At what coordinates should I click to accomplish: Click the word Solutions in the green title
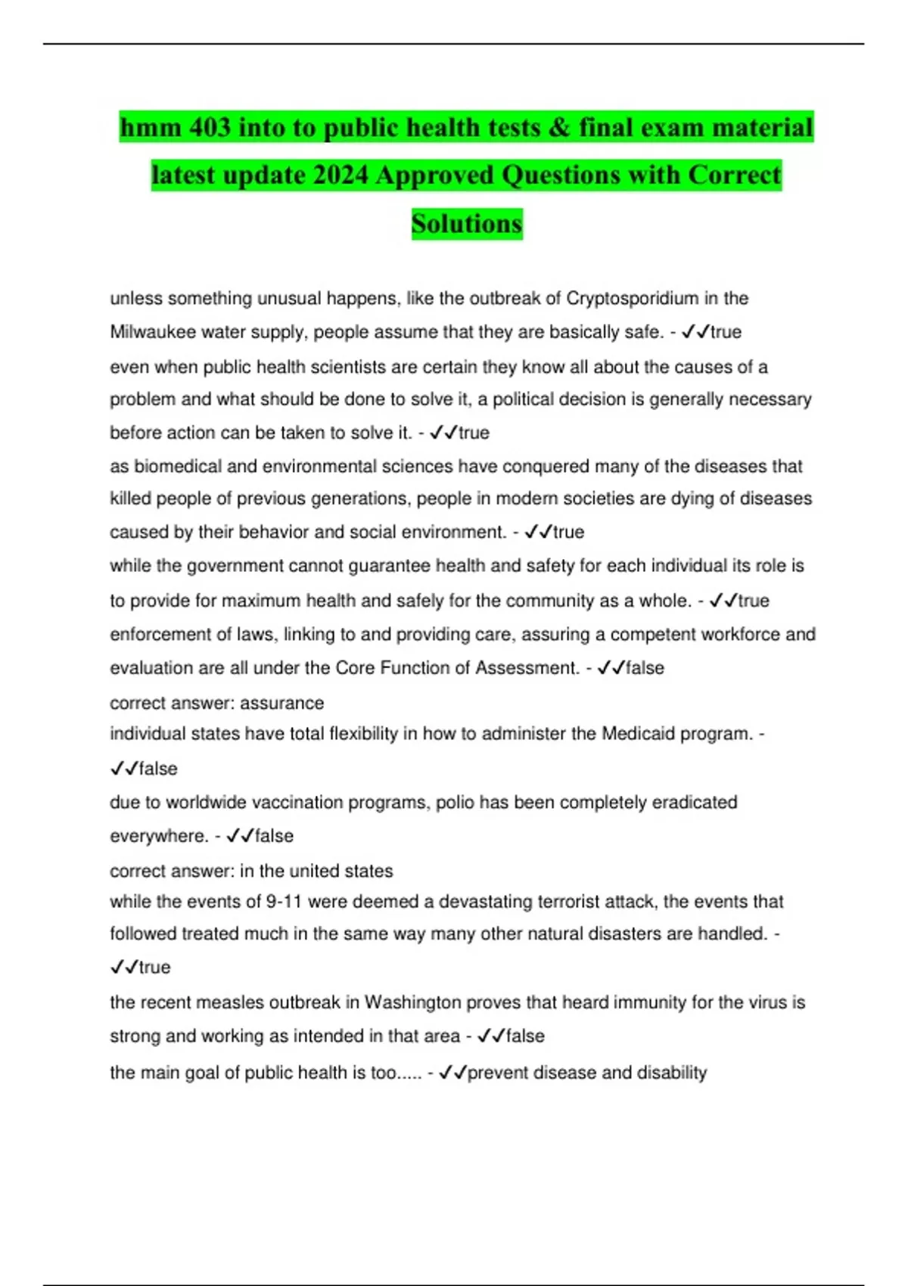tap(467, 224)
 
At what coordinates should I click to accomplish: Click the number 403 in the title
tap(210, 128)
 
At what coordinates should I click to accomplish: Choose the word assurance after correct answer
tap(281, 704)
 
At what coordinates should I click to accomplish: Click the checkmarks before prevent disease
tap(452, 1073)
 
